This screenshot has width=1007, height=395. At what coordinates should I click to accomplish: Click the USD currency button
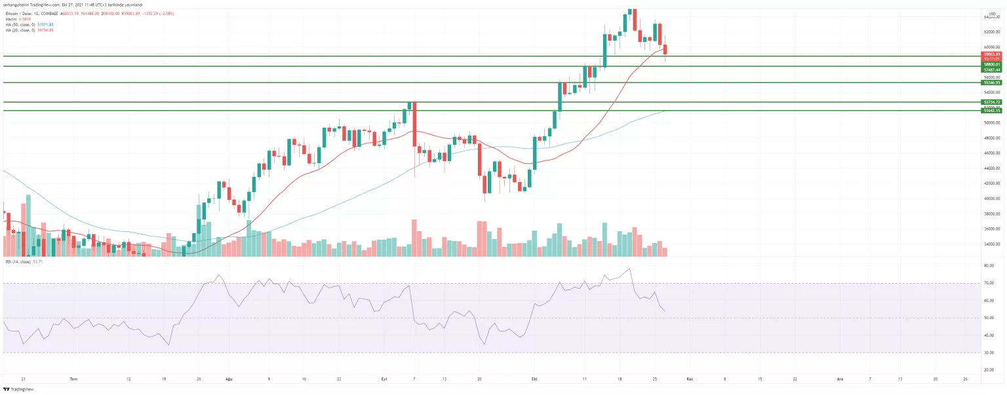click(992, 13)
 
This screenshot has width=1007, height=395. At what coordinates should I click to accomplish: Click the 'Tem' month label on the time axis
click(74, 379)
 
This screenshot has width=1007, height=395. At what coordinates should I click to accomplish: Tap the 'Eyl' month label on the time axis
click(384, 379)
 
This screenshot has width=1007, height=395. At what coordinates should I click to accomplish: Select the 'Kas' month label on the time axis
click(689, 379)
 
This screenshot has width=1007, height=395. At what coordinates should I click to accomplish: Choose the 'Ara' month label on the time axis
click(840, 379)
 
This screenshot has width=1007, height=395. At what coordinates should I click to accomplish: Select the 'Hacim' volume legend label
click(10, 19)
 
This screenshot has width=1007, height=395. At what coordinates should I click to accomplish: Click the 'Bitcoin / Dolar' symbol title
click(20, 13)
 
